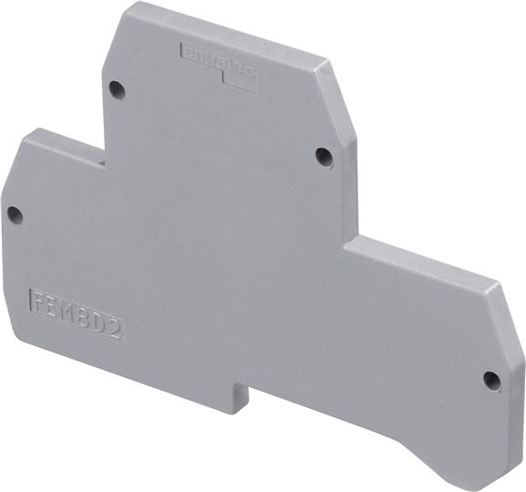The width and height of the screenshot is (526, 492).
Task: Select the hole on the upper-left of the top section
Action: tap(116, 89)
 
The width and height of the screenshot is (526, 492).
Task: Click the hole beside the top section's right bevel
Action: tap(324, 156)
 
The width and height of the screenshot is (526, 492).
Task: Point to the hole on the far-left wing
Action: tap(14, 214)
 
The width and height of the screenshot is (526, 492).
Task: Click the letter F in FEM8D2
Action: tap(39, 301)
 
